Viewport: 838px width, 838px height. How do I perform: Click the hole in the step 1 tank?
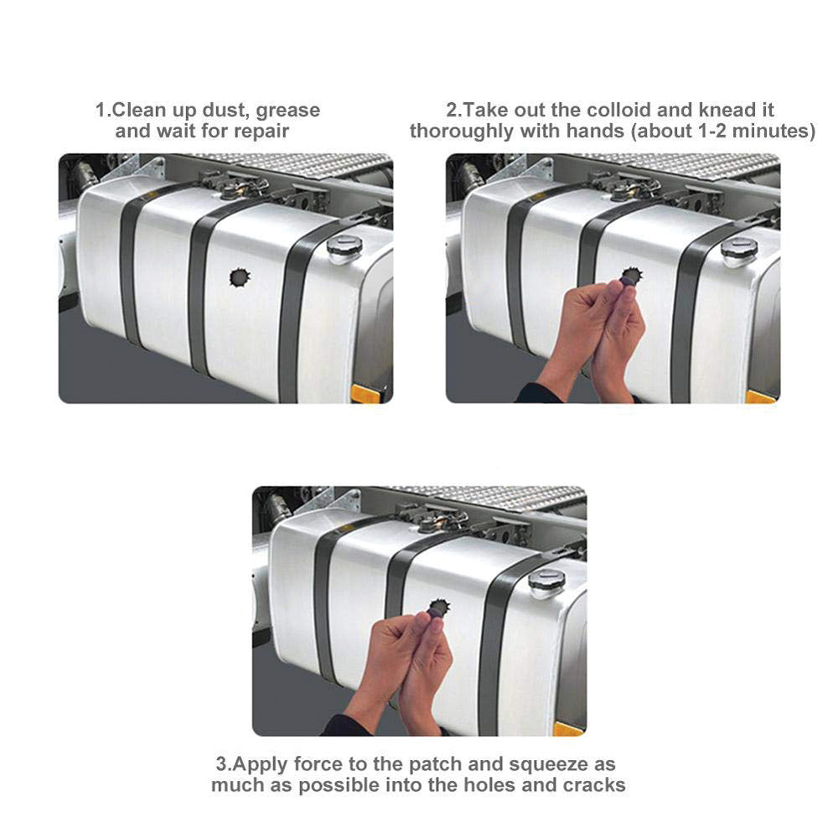coord(240,277)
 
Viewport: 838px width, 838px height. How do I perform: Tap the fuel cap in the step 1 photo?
coord(344,249)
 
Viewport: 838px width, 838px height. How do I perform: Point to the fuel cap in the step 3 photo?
coord(546,583)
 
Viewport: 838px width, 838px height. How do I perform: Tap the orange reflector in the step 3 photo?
coord(568,728)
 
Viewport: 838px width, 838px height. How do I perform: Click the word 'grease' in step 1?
coord(287,111)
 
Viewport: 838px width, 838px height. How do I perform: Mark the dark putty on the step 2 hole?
coord(628,277)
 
